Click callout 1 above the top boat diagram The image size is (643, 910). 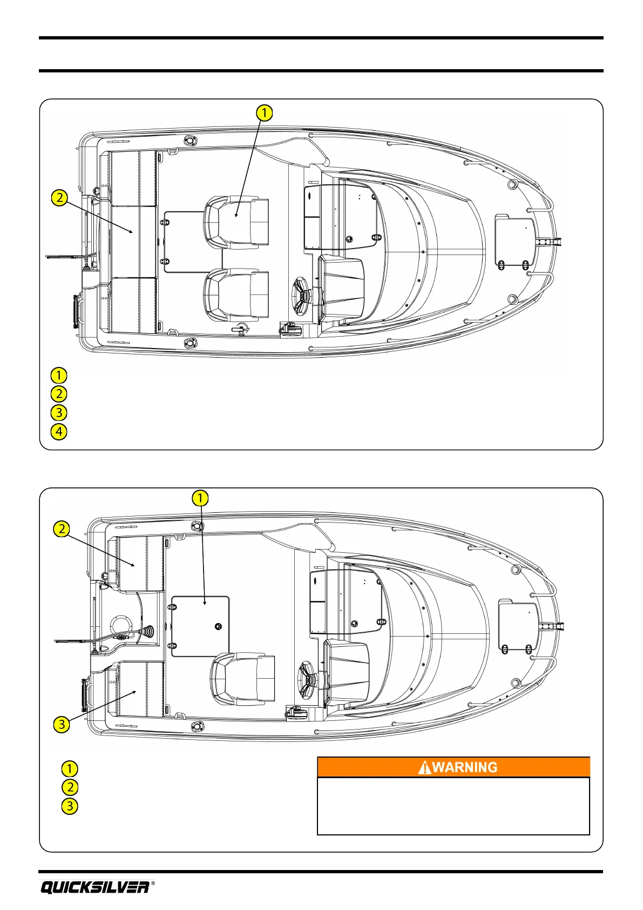(264, 113)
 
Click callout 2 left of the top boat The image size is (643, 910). (59, 198)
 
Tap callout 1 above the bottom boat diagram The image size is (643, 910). (200, 498)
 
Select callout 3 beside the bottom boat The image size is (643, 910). (62, 724)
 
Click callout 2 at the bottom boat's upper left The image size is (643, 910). (62, 528)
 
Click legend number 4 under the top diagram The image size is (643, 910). (58, 432)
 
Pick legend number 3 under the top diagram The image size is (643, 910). (58, 413)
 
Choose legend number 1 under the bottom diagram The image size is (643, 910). (70, 768)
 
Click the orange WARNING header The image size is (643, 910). (453, 767)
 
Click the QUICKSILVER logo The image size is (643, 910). (95, 887)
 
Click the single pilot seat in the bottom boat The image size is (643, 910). (243, 678)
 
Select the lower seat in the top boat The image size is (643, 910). (236, 295)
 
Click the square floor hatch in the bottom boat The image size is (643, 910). (200, 626)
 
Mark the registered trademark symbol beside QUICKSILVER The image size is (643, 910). (153, 884)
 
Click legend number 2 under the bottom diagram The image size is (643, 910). (70, 787)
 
